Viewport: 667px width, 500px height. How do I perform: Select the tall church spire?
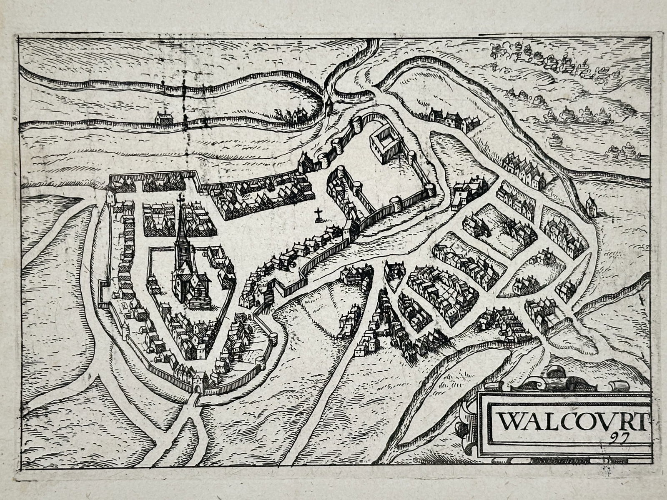[x=182, y=242]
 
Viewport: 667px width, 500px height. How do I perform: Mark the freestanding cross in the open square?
[x=319, y=214]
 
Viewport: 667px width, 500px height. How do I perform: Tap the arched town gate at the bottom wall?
[x=198, y=387]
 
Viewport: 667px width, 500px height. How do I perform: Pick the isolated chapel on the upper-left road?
[x=163, y=119]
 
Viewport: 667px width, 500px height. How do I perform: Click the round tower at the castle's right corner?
[x=430, y=190]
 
